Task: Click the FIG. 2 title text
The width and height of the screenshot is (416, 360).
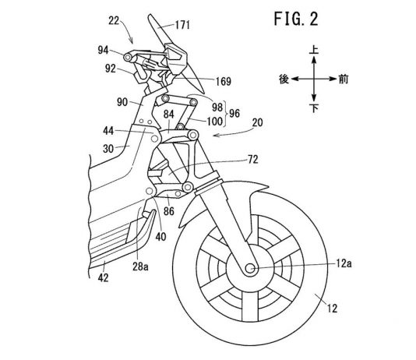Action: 296,19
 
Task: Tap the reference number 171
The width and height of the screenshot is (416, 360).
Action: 183,25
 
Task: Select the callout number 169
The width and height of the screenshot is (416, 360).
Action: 224,81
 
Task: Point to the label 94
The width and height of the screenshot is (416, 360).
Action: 104,50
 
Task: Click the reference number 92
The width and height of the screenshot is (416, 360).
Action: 111,69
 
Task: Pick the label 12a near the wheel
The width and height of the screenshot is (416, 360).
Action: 344,263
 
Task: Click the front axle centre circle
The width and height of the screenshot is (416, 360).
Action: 250,269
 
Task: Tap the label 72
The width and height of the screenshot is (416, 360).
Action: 252,160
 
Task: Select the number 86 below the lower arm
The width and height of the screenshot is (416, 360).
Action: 169,211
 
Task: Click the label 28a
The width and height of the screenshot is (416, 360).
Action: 140,266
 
